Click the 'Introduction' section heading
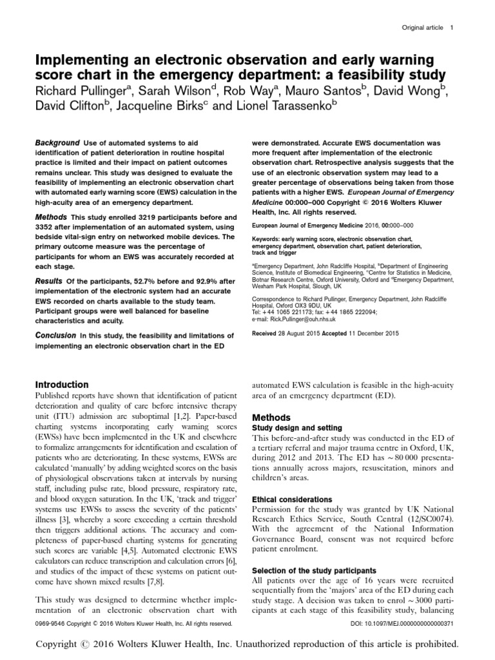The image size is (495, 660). pyautogui.click(x=61, y=384)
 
